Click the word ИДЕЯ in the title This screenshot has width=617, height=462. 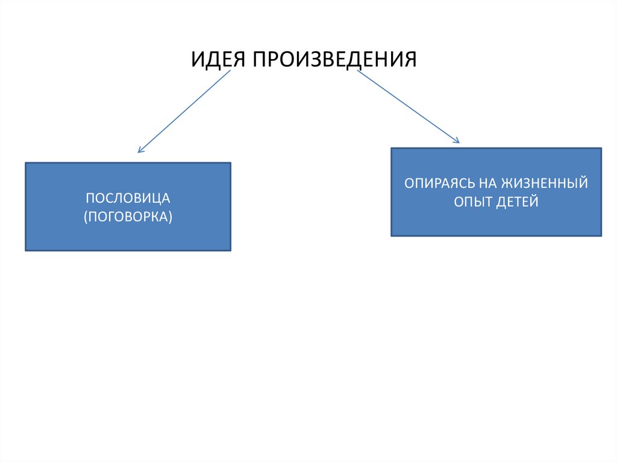pos(219,60)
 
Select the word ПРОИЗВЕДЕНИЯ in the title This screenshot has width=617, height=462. pos(334,60)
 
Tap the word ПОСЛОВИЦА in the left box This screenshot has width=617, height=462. pos(128,198)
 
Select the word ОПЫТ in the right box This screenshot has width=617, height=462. pos(474,202)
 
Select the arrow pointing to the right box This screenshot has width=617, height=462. pos(408,107)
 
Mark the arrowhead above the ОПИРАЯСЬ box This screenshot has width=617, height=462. pos(457,141)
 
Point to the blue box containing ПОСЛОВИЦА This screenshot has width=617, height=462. pos(128,235)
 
